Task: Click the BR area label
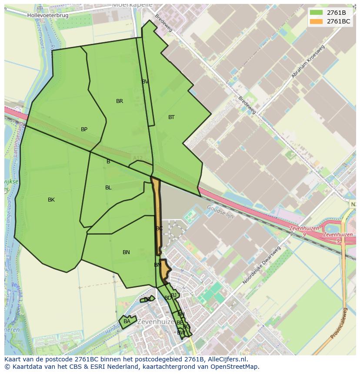pyautogui.click(x=120, y=101)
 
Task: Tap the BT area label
pyautogui.click(x=171, y=117)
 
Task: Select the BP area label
pyautogui.click(x=84, y=129)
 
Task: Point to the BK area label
pyautogui.click(x=51, y=200)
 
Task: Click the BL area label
pyautogui.click(x=108, y=188)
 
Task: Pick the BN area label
pyautogui.click(x=126, y=252)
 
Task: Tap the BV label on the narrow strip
pyautogui.click(x=145, y=82)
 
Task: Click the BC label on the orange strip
pyautogui.click(x=159, y=228)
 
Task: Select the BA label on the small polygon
pyautogui.click(x=127, y=321)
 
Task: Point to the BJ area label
pyautogui.click(x=173, y=295)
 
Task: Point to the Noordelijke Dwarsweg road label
pyautogui.click(x=261, y=265)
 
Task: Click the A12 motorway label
pyautogui.click(x=137, y=158)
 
